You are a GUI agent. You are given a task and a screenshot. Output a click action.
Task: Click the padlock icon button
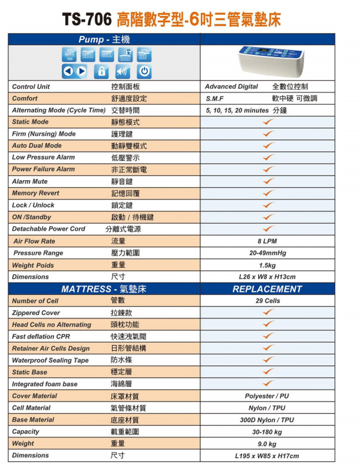point(101,72)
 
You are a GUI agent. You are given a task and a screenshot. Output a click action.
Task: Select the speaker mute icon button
point(122,72)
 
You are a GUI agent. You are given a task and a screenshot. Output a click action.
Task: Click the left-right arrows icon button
point(75,72)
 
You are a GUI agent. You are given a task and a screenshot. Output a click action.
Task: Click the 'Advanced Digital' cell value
point(232,87)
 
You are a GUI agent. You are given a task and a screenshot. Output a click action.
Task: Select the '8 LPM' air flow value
point(267,241)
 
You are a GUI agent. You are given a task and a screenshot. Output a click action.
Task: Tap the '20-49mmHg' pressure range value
point(267,253)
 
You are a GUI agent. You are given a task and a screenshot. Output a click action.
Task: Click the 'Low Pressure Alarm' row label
point(44,157)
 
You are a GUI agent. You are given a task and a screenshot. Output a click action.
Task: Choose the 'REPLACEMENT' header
point(267,289)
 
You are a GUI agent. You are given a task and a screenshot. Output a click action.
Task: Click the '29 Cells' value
point(267,301)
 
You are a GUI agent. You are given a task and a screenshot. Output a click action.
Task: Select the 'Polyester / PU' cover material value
point(267,396)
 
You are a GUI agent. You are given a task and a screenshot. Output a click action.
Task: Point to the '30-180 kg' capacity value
point(267,432)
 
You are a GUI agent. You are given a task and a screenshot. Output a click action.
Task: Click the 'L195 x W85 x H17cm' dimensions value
point(267,456)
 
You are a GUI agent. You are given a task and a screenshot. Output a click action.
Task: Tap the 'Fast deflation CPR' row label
point(41,336)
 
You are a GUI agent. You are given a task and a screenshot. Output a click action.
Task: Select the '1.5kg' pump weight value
point(267,265)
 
